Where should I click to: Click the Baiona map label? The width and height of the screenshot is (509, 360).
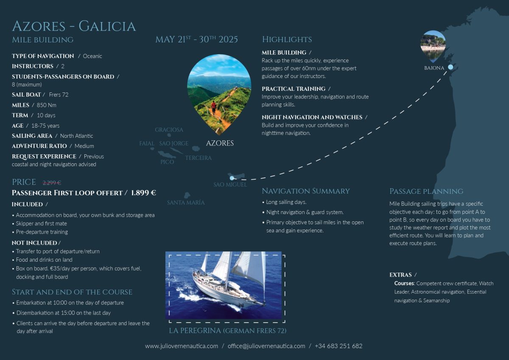click(x=434, y=68)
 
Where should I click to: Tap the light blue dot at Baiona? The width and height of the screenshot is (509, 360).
click(x=450, y=67)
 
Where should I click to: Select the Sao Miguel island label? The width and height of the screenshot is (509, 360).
click(x=230, y=184)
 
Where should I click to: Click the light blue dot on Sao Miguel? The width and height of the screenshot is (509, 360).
click(x=232, y=178)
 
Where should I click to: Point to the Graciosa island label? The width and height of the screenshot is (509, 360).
click(x=169, y=130)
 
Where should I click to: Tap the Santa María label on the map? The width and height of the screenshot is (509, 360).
click(x=186, y=202)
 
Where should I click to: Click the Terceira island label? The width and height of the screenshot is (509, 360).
click(x=198, y=158)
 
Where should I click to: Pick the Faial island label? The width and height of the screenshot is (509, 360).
click(x=147, y=144)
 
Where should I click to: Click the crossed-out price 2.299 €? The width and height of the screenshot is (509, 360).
click(x=52, y=183)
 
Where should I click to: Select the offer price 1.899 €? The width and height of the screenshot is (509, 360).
click(x=143, y=193)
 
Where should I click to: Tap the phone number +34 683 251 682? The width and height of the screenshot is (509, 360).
click(x=338, y=346)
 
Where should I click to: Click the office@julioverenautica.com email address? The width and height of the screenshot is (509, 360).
click(x=266, y=346)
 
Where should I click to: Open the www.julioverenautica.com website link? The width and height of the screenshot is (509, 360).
click(x=182, y=346)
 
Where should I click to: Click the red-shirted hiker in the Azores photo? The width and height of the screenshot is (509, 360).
click(x=213, y=107)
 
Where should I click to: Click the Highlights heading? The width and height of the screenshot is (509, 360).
click(x=287, y=39)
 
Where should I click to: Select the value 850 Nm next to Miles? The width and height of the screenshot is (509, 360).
click(x=46, y=105)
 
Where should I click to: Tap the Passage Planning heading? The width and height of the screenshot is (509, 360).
click(x=426, y=192)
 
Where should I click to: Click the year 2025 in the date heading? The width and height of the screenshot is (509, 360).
click(x=228, y=39)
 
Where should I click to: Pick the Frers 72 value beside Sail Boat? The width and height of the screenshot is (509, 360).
click(x=59, y=95)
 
